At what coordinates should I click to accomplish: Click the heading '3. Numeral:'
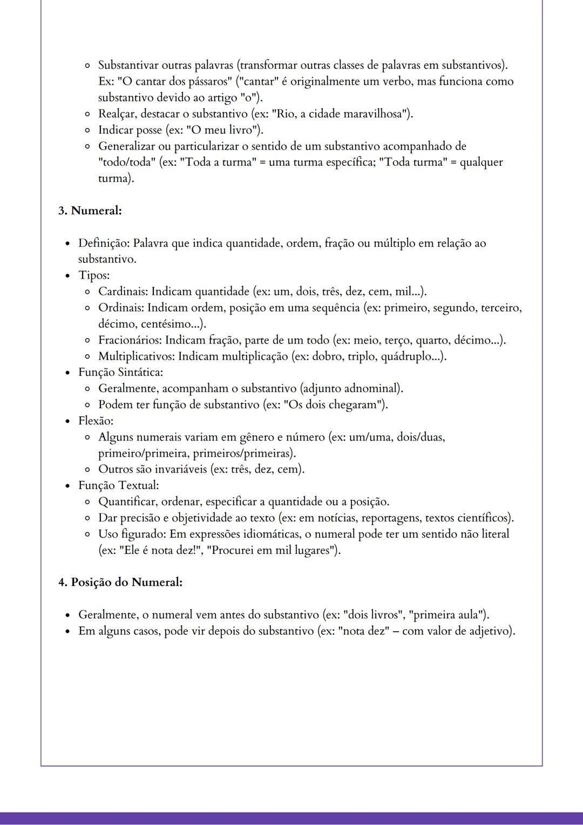pyautogui.click(x=90, y=211)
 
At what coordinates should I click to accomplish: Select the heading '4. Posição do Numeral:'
pyautogui.click(x=120, y=583)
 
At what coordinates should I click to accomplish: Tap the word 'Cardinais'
pyautogui.click(x=123, y=292)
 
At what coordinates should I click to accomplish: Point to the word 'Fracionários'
pyautogui.click(x=130, y=340)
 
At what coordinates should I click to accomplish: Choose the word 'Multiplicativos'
pyautogui.click(x=136, y=356)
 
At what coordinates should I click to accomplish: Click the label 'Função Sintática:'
pyautogui.click(x=120, y=372)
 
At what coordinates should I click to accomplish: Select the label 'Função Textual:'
pyautogui.click(x=118, y=485)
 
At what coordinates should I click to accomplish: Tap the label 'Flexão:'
pyautogui.click(x=96, y=421)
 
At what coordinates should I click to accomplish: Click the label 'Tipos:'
pyautogui.click(x=93, y=275)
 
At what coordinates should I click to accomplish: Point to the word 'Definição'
pyautogui.click(x=103, y=243)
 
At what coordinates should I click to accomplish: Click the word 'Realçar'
pyautogui.click(x=116, y=114)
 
